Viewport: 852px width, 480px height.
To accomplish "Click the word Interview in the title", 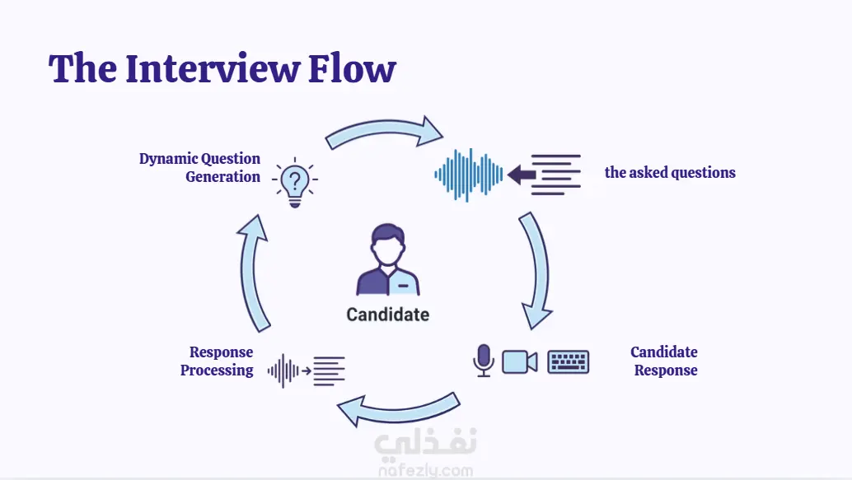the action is (x=213, y=68).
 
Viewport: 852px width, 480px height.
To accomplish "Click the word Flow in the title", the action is (x=352, y=68).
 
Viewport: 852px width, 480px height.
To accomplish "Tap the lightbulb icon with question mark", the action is (x=295, y=183).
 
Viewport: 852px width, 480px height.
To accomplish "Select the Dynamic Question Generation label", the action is (x=199, y=167).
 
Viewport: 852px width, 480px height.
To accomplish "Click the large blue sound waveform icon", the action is (x=468, y=175).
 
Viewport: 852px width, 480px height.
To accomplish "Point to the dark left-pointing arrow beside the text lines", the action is (x=522, y=175).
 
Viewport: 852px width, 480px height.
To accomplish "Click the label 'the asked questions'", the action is (x=670, y=172).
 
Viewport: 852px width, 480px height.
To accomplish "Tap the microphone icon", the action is (x=483, y=360).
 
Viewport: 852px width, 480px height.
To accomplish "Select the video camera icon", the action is (x=519, y=362).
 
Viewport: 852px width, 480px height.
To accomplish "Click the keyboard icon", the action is (x=569, y=362).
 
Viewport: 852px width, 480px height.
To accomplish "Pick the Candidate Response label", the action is (x=664, y=361).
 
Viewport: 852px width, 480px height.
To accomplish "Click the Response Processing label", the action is (x=217, y=361).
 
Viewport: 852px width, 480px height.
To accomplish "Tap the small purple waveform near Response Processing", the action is (x=283, y=370).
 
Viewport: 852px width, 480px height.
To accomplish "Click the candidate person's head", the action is (x=387, y=245).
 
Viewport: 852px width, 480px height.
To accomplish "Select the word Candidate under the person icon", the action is (x=388, y=315).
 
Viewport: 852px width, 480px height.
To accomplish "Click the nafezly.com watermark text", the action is (x=425, y=470).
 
